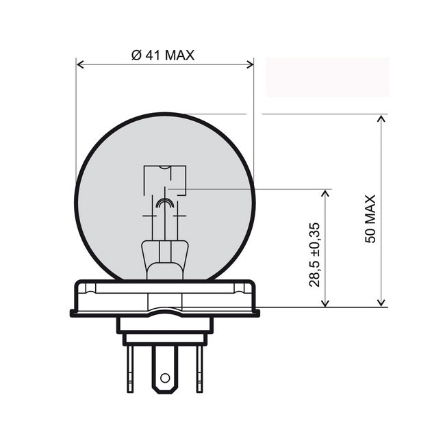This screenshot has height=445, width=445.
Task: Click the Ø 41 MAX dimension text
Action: [162, 55]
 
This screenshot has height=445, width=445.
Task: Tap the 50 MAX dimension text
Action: [370, 218]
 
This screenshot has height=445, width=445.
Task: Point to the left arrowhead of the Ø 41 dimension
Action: [80, 64]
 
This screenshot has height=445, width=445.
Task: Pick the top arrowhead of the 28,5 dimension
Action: [325, 194]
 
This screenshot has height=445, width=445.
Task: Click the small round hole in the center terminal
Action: [164, 377]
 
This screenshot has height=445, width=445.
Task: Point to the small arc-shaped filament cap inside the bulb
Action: [164, 203]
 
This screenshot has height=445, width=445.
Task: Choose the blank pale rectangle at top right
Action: [328, 77]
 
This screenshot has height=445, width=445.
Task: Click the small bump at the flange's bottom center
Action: [164, 311]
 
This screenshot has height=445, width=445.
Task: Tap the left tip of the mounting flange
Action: [73, 313]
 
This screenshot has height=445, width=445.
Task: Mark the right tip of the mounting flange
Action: [257, 313]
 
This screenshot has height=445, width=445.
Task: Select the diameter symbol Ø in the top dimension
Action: [136, 55]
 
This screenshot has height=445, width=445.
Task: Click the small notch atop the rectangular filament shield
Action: [164, 168]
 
